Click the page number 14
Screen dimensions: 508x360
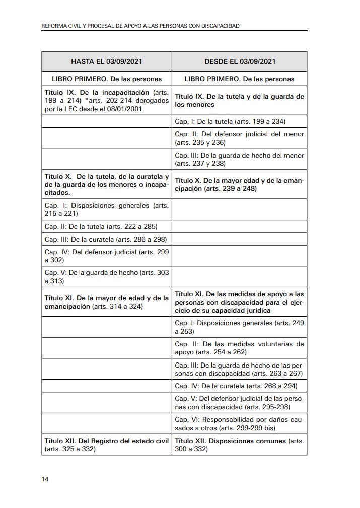(x=45, y=479)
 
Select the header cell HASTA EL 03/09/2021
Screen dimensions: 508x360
(x=107, y=62)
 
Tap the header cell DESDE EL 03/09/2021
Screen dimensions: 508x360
(x=240, y=62)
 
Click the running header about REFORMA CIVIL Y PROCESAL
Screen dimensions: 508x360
(x=140, y=25)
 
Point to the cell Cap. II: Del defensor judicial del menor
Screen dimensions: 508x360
(x=239, y=138)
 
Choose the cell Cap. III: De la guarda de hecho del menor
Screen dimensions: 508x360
(x=239, y=160)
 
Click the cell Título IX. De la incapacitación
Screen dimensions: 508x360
(x=107, y=101)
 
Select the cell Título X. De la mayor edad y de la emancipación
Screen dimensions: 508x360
(x=239, y=184)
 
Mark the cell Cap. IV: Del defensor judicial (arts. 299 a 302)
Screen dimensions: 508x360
(x=107, y=256)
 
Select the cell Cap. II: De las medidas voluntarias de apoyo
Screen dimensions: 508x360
(x=239, y=348)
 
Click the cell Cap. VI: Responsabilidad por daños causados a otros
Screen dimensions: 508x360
(x=239, y=423)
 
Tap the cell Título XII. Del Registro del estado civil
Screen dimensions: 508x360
(x=107, y=444)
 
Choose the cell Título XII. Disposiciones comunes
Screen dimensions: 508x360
(x=239, y=444)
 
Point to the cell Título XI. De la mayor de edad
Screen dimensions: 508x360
(x=107, y=302)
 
